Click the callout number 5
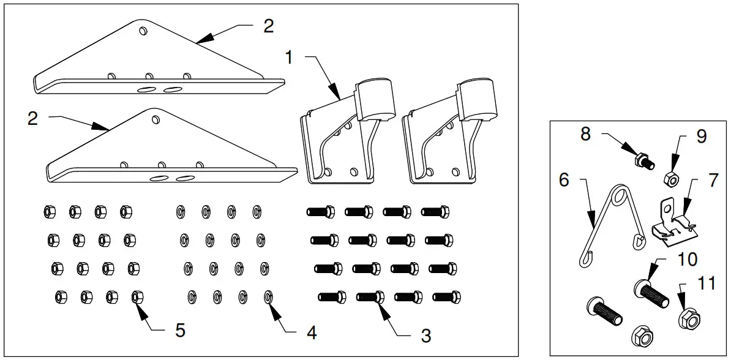(180, 329)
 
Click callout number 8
(585, 134)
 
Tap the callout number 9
(701, 135)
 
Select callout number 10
(688, 259)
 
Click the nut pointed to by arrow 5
(137, 298)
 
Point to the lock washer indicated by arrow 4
(268, 297)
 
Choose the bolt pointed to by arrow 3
(371, 298)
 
